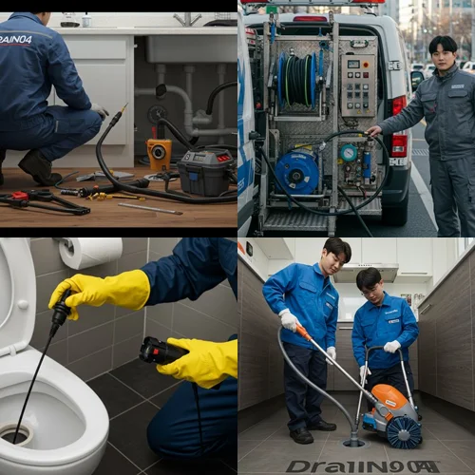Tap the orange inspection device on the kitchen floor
159,152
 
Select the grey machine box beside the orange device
205,172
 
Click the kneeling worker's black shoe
39,168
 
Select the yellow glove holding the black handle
201,361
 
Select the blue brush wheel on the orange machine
403,432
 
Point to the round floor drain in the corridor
353,441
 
